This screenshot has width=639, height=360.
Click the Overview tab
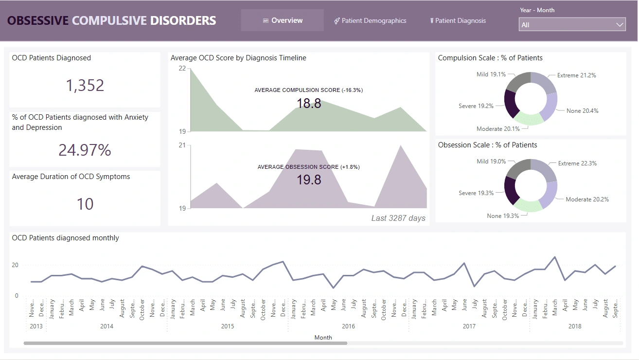[x=283, y=20]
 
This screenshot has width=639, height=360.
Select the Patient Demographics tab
[x=371, y=20]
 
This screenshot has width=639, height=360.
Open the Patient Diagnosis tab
[x=458, y=20]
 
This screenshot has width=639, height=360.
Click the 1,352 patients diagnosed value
[x=85, y=86]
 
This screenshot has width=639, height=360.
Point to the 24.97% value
[x=85, y=150]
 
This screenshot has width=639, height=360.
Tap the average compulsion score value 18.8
[x=309, y=103]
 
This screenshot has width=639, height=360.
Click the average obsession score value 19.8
[x=309, y=180]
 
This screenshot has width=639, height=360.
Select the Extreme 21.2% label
[x=576, y=75]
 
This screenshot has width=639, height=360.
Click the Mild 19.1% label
[x=491, y=74]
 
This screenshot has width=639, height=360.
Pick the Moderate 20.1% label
[x=498, y=129]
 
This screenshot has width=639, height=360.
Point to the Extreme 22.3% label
[x=577, y=163]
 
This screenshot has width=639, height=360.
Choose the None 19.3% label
[x=503, y=216]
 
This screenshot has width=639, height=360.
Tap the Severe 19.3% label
[x=476, y=193]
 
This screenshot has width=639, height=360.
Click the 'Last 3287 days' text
[x=398, y=218]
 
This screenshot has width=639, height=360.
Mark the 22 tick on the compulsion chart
[x=182, y=68]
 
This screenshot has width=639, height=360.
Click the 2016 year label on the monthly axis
[x=348, y=326]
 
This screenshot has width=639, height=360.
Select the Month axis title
[x=323, y=338]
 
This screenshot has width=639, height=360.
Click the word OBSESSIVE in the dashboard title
[x=38, y=21]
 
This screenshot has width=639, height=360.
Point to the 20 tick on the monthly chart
[x=15, y=265]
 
